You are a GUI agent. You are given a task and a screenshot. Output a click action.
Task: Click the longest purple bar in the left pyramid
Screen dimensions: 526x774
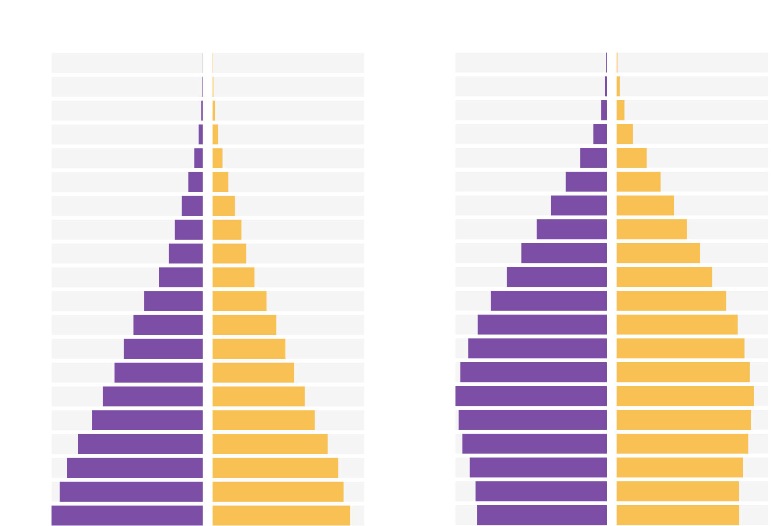click(x=127, y=515)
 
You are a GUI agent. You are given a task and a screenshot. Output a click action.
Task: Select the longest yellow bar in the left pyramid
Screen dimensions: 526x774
click(x=281, y=515)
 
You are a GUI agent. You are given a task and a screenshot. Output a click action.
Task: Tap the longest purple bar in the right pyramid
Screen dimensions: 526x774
click(x=531, y=396)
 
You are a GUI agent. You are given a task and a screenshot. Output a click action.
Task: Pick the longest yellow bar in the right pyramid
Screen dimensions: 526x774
click(x=685, y=396)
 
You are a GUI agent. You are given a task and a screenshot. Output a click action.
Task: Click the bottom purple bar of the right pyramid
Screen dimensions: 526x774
click(x=541, y=515)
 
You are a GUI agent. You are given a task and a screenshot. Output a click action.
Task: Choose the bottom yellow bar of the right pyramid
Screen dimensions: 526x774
click(x=677, y=515)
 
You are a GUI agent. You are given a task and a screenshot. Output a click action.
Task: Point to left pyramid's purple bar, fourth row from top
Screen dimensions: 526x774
click(x=200, y=134)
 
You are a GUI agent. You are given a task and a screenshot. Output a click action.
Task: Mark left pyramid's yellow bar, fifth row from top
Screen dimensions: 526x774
click(x=217, y=158)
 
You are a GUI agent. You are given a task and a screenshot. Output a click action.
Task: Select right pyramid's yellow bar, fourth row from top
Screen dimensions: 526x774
click(x=624, y=134)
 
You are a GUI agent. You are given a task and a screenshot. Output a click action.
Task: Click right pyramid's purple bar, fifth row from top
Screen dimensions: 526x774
click(x=593, y=158)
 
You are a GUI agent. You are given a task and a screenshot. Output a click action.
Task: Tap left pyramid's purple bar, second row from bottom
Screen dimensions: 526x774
click(x=131, y=491)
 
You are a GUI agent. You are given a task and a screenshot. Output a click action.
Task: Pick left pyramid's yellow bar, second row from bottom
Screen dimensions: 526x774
click(x=278, y=491)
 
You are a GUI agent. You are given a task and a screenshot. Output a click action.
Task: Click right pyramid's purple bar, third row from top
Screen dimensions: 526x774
click(x=603, y=110)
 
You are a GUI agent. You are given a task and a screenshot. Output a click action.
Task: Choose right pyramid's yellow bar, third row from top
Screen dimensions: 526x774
click(x=620, y=110)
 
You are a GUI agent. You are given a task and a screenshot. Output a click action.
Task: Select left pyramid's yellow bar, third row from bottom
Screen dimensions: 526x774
click(x=275, y=467)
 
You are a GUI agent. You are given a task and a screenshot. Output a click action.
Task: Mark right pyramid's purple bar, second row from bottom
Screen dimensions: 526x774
click(x=541, y=491)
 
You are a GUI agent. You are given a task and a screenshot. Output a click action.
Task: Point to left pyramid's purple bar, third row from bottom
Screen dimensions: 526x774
click(x=134, y=467)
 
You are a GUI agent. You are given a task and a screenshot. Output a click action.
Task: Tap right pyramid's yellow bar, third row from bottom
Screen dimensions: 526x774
click(x=679, y=467)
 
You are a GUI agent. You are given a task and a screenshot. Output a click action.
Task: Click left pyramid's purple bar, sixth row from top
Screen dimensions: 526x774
click(x=195, y=182)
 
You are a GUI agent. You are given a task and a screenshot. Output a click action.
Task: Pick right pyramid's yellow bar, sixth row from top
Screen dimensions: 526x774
click(x=638, y=182)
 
